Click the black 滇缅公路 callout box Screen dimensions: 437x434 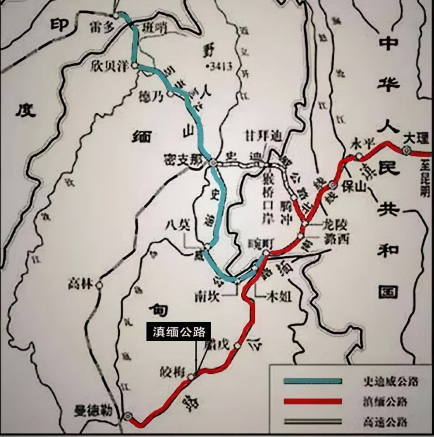click(x=178, y=332)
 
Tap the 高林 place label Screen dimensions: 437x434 click(x=80, y=284)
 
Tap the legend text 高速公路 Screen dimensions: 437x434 click(x=384, y=422)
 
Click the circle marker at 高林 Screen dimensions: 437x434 click(x=99, y=285)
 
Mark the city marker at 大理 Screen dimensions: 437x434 click(x=406, y=151)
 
